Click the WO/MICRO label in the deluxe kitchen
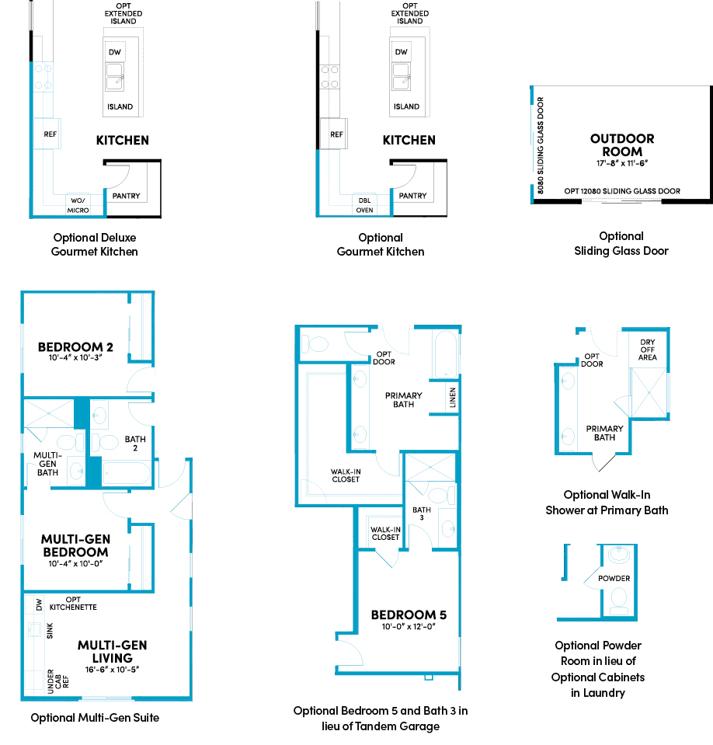(x=78, y=205)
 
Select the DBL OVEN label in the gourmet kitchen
(x=365, y=205)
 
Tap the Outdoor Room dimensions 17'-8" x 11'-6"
(x=622, y=163)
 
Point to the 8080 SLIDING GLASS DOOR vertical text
(x=541, y=145)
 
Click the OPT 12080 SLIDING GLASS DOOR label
(x=622, y=191)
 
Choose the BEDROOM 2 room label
(x=75, y=347)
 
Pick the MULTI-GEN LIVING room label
(x=113, y=652)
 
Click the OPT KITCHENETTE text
(x=73, y=604)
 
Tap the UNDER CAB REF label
(x=58, y=681)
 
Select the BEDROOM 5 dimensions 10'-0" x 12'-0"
(x=409, y=627)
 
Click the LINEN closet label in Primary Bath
(x=453, y=398)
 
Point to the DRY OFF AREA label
(x=648, y=350)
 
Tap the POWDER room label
(x=614, y=578)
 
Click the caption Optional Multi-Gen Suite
(x=95, y=718)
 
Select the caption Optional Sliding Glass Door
(x=621, y=243)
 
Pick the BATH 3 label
(x=422, y=513)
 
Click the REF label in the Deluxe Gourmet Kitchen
(x=50, y=134)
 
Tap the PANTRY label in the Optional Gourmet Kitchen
(x=412, y=196)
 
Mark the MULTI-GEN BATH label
(x=47, y=464)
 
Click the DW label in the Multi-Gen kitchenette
(x=39, y=605)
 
